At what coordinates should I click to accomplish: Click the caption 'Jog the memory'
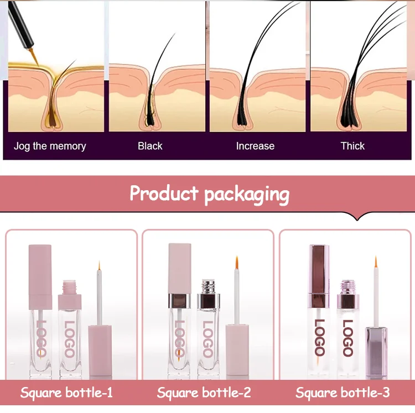click(50, 147)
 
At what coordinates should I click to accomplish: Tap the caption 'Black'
click(150, 147)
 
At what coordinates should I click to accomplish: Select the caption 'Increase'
click(255, 147)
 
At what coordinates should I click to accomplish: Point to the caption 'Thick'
click(352, 147)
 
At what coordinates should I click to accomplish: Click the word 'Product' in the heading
click(163, 194)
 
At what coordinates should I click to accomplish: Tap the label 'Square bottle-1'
click(66, 393)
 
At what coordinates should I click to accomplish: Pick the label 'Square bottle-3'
click(343, 393)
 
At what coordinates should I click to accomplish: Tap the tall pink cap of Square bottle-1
click(40, 271)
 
